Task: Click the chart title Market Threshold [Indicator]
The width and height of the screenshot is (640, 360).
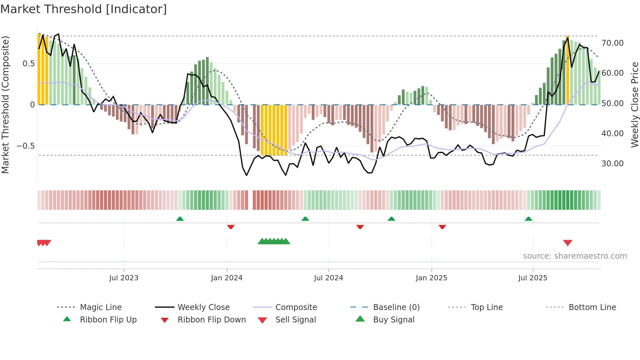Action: point(84,9)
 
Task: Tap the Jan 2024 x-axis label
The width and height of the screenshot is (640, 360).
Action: point(227,278)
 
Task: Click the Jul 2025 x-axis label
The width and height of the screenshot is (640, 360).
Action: point(533,278)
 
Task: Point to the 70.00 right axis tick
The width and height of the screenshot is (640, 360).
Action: point(612,43)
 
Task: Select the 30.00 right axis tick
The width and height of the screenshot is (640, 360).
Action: point(612,164)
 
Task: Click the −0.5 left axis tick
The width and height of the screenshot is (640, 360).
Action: point(26,146)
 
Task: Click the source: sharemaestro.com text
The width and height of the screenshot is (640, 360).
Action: point(575,256)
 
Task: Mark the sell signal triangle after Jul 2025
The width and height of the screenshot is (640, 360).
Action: point(568,243)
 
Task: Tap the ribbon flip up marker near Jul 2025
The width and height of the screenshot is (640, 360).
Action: point(528,219)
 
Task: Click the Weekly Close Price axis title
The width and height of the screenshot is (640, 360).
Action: point(634,105)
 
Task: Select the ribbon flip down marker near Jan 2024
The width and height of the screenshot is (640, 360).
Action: point(231,227)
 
